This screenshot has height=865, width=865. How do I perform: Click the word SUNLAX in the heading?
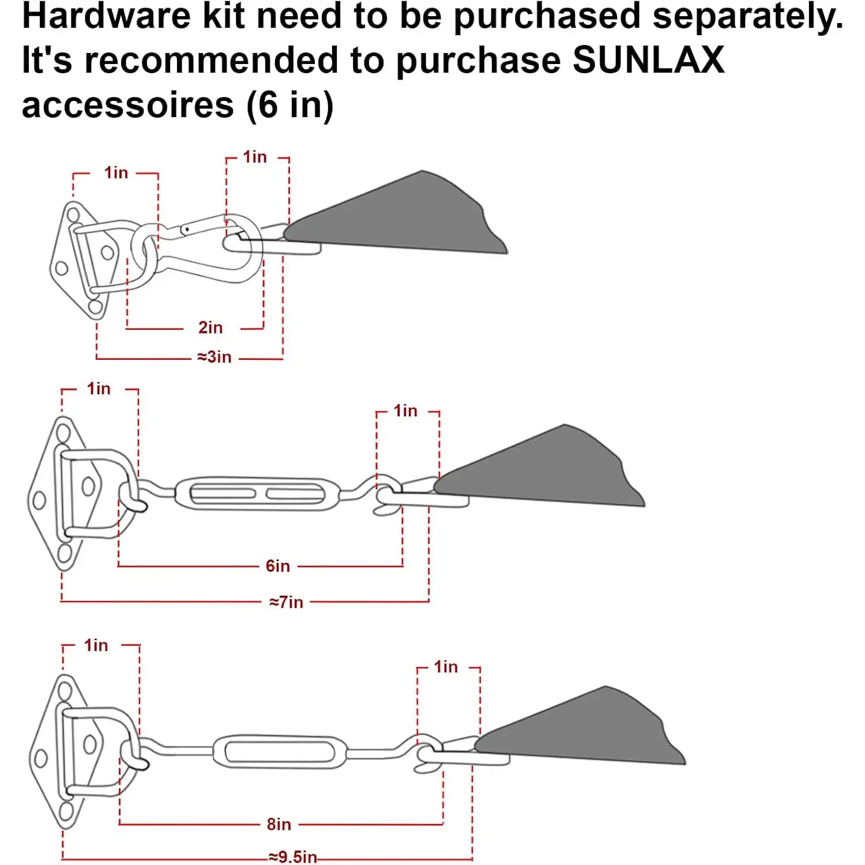[x=648, y=60]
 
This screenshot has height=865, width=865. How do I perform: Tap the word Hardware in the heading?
[x=106, y=16]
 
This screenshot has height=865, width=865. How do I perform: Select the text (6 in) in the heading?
[x=290, y=105]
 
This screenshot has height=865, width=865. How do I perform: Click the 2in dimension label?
[x=210, y=328]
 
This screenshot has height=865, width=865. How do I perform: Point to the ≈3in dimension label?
[x=215, y=357]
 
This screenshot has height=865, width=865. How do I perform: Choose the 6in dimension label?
[x=277, y=566]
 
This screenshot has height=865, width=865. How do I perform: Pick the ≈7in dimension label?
[x=286, y=602]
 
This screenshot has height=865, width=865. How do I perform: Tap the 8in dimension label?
[x=279, y=824]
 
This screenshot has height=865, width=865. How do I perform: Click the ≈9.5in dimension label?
[x=292, y=857]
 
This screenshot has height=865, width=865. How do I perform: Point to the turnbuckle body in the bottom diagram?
[x=281, y=751]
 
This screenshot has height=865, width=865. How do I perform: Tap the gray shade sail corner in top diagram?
[x=404, y=219]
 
